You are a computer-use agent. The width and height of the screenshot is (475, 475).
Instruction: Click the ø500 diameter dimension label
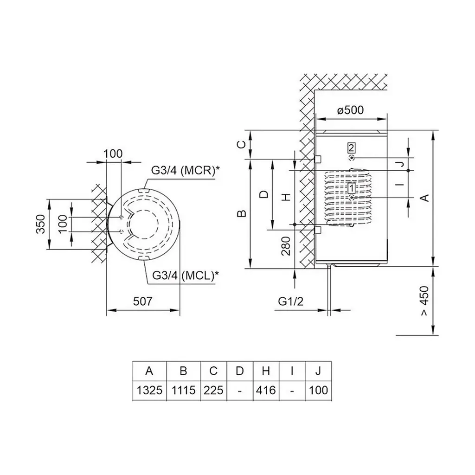[350, 110]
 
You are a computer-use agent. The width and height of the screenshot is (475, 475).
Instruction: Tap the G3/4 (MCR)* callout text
[185, 170]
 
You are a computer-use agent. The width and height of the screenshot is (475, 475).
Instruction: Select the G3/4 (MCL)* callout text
[186, 275]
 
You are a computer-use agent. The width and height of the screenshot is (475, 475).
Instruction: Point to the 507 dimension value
[143, 301]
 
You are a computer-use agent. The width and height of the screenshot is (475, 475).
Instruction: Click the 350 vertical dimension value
[41, 224]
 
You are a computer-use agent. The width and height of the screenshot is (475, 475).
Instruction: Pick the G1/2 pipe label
[290, 301]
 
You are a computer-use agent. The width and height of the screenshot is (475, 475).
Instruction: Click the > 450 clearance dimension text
[425, 301]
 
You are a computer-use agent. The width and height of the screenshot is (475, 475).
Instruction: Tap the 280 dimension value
[286, 246]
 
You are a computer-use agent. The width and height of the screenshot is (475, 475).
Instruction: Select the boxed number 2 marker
[352, 148]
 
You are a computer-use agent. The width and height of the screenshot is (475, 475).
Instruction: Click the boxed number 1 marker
[352, 188]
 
